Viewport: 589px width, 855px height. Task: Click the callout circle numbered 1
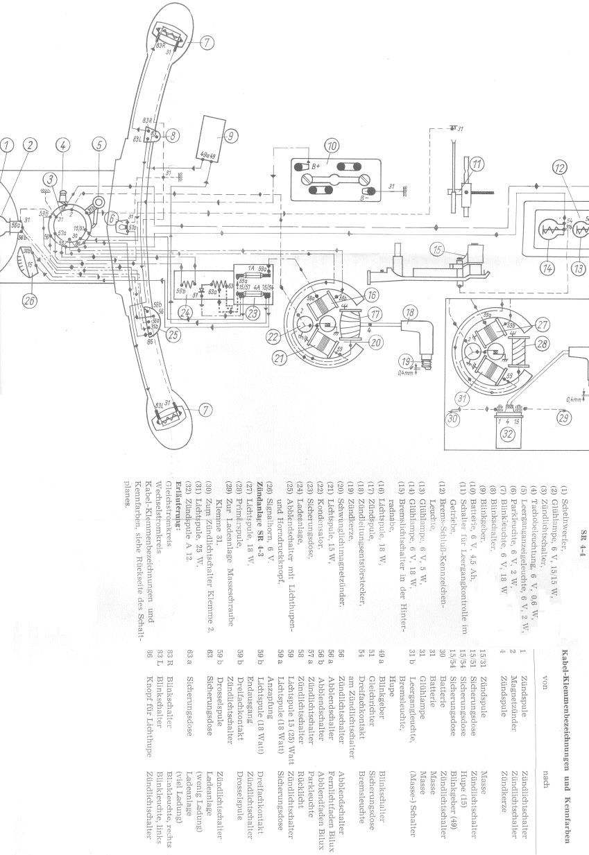pos(6,145)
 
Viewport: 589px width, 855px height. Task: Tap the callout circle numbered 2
pos(29,145)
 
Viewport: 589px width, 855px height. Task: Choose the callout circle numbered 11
pos(477,164)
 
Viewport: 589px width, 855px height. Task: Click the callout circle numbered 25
pos(171,336)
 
